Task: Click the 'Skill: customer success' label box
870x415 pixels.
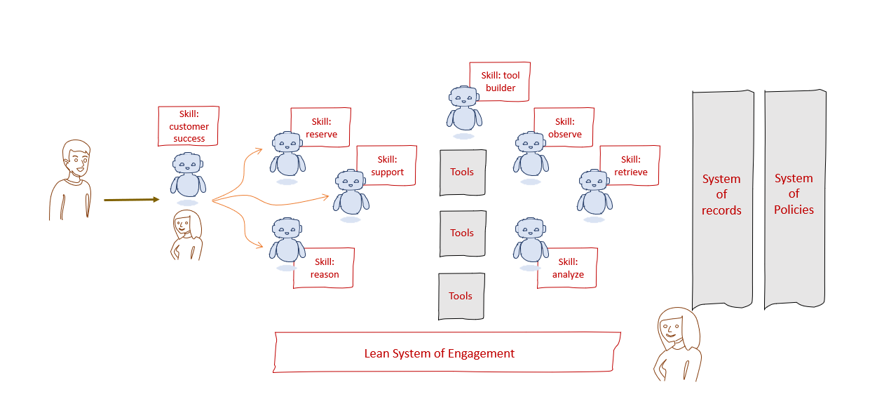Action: pos(189,126)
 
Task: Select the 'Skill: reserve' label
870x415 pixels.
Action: pos(320,128)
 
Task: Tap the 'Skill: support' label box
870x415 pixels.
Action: pos(387,165)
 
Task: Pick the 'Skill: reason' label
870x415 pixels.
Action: pos(324,268)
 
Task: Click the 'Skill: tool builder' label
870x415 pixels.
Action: pos(500,81)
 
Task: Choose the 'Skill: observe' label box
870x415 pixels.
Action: pos(564,128)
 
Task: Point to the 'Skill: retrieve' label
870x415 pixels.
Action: pos(630,165)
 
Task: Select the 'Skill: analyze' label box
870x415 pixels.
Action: pos(567,268)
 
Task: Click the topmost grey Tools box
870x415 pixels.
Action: pos(462,172)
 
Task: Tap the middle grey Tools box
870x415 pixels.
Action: pos(462,233)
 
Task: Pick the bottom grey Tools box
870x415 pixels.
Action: pos(461,297)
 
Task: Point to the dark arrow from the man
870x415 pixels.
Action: pos(132,200)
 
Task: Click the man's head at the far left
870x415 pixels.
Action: pos(76,159)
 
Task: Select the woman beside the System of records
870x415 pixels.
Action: pos(677,343)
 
